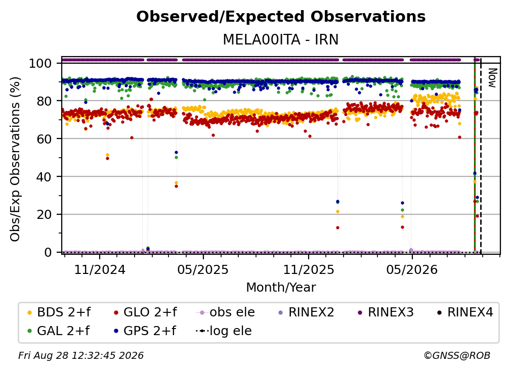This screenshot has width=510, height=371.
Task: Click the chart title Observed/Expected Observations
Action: pyautogui.click(x=281, y=17)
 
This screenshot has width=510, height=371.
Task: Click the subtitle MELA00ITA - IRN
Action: pyautogui.click(x=281, y=39)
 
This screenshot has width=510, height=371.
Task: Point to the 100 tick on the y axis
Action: pyautogui.click(x=40, y=63)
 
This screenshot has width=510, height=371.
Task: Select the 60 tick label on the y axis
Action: pyautogui.click(x=44, y=138)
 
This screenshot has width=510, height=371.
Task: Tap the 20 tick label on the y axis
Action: pyautogui.click(x=44, y=214)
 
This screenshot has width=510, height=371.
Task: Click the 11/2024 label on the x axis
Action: pyautogui.click(x=100, y=269)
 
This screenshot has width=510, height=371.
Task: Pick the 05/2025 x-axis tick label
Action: pyautogui.click(x=203, y=269)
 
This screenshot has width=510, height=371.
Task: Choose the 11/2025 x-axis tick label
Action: pyautogui.click(x=308, y=269)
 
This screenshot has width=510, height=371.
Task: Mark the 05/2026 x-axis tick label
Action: pyautogui.click(x=412, y=269)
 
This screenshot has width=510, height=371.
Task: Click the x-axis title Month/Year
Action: pyautogui.click(x=281, y=287)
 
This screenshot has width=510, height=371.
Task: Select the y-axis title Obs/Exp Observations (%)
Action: pyautogui.click(x=15, y=159)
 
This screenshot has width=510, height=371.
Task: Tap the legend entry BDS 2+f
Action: pyautogui.click(x=59, y=312)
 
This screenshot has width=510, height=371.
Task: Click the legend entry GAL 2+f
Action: pyautogui.click(x=58, y=331)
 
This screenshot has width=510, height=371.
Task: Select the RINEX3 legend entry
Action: pyautogui.click(x=386, y=312)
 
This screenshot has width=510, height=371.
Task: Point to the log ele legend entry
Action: pyautogui.click(x=224, y=331)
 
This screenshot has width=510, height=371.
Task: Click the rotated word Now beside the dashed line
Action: pyautogui.click(x=493, y=78)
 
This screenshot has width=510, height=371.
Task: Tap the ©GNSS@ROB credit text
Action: pyautogui.click(x=457, y=355)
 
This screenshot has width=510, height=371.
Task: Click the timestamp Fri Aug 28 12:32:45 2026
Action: pyautogui.click(x=81, y=355)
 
